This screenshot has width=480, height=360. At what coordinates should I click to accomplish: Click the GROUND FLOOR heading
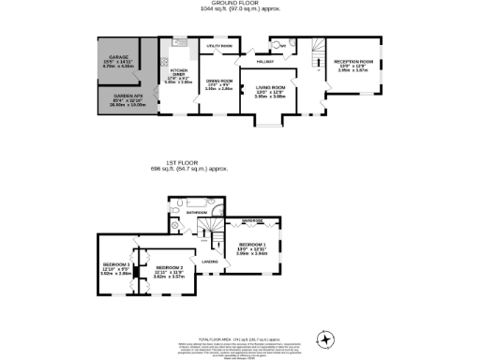[x=239, y=5]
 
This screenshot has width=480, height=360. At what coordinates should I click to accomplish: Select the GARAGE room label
[x=118, y=58]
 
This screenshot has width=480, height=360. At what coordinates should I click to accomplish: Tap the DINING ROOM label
[x=218, y=84]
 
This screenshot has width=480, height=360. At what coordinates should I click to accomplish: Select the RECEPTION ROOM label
[x=354, y=64]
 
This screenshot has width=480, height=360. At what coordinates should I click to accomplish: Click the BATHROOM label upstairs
[x=196, y=213]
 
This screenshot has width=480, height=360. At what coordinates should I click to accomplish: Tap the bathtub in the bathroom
[x=199, y=202]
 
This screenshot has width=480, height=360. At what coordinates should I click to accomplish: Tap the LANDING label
[x=211, y=262]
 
